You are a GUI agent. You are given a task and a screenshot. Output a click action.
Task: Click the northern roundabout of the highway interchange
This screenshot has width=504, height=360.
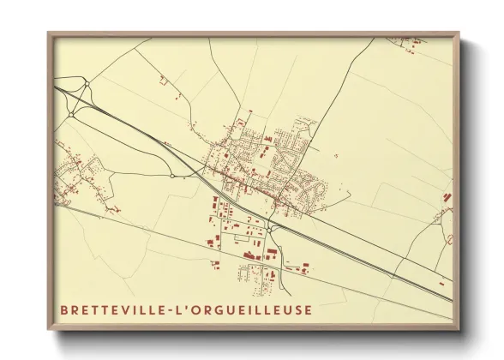click(x=87, y=84)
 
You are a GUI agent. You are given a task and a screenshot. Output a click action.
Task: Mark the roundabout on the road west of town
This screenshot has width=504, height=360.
click(x=172, y=177)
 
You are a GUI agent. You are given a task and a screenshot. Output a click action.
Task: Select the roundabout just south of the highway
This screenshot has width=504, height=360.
click(x=269, y=229)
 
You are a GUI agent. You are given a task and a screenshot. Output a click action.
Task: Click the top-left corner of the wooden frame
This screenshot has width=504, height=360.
click(x=48, y=33)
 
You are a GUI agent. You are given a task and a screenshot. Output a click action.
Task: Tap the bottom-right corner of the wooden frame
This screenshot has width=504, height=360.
click(x=459, y=329)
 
